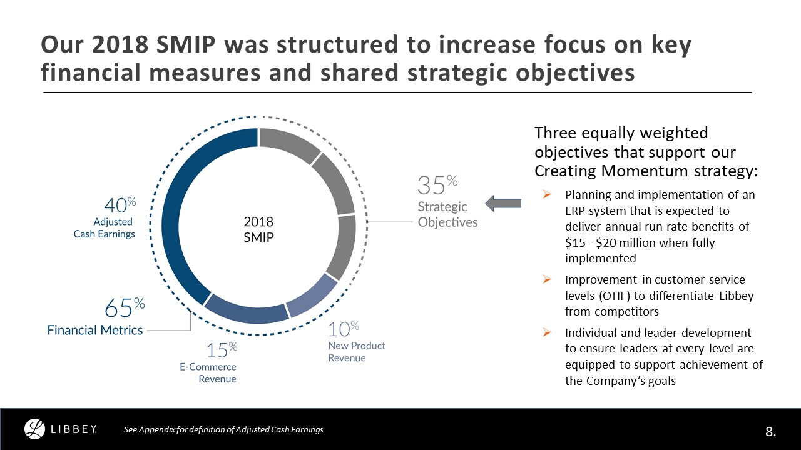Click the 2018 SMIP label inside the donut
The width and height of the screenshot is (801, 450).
point(258,229)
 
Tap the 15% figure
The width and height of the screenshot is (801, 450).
point(222,350)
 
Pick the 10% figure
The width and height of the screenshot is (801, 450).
point(344,329)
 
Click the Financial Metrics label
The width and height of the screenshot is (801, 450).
point(95,330)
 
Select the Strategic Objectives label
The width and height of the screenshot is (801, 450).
point(447,214)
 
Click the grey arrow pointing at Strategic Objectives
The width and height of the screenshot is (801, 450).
point(503,202)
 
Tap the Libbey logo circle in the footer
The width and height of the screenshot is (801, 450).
point(35,429)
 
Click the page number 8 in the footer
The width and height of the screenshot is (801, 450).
point(770,431)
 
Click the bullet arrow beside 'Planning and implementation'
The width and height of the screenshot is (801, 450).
point(547,195)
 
